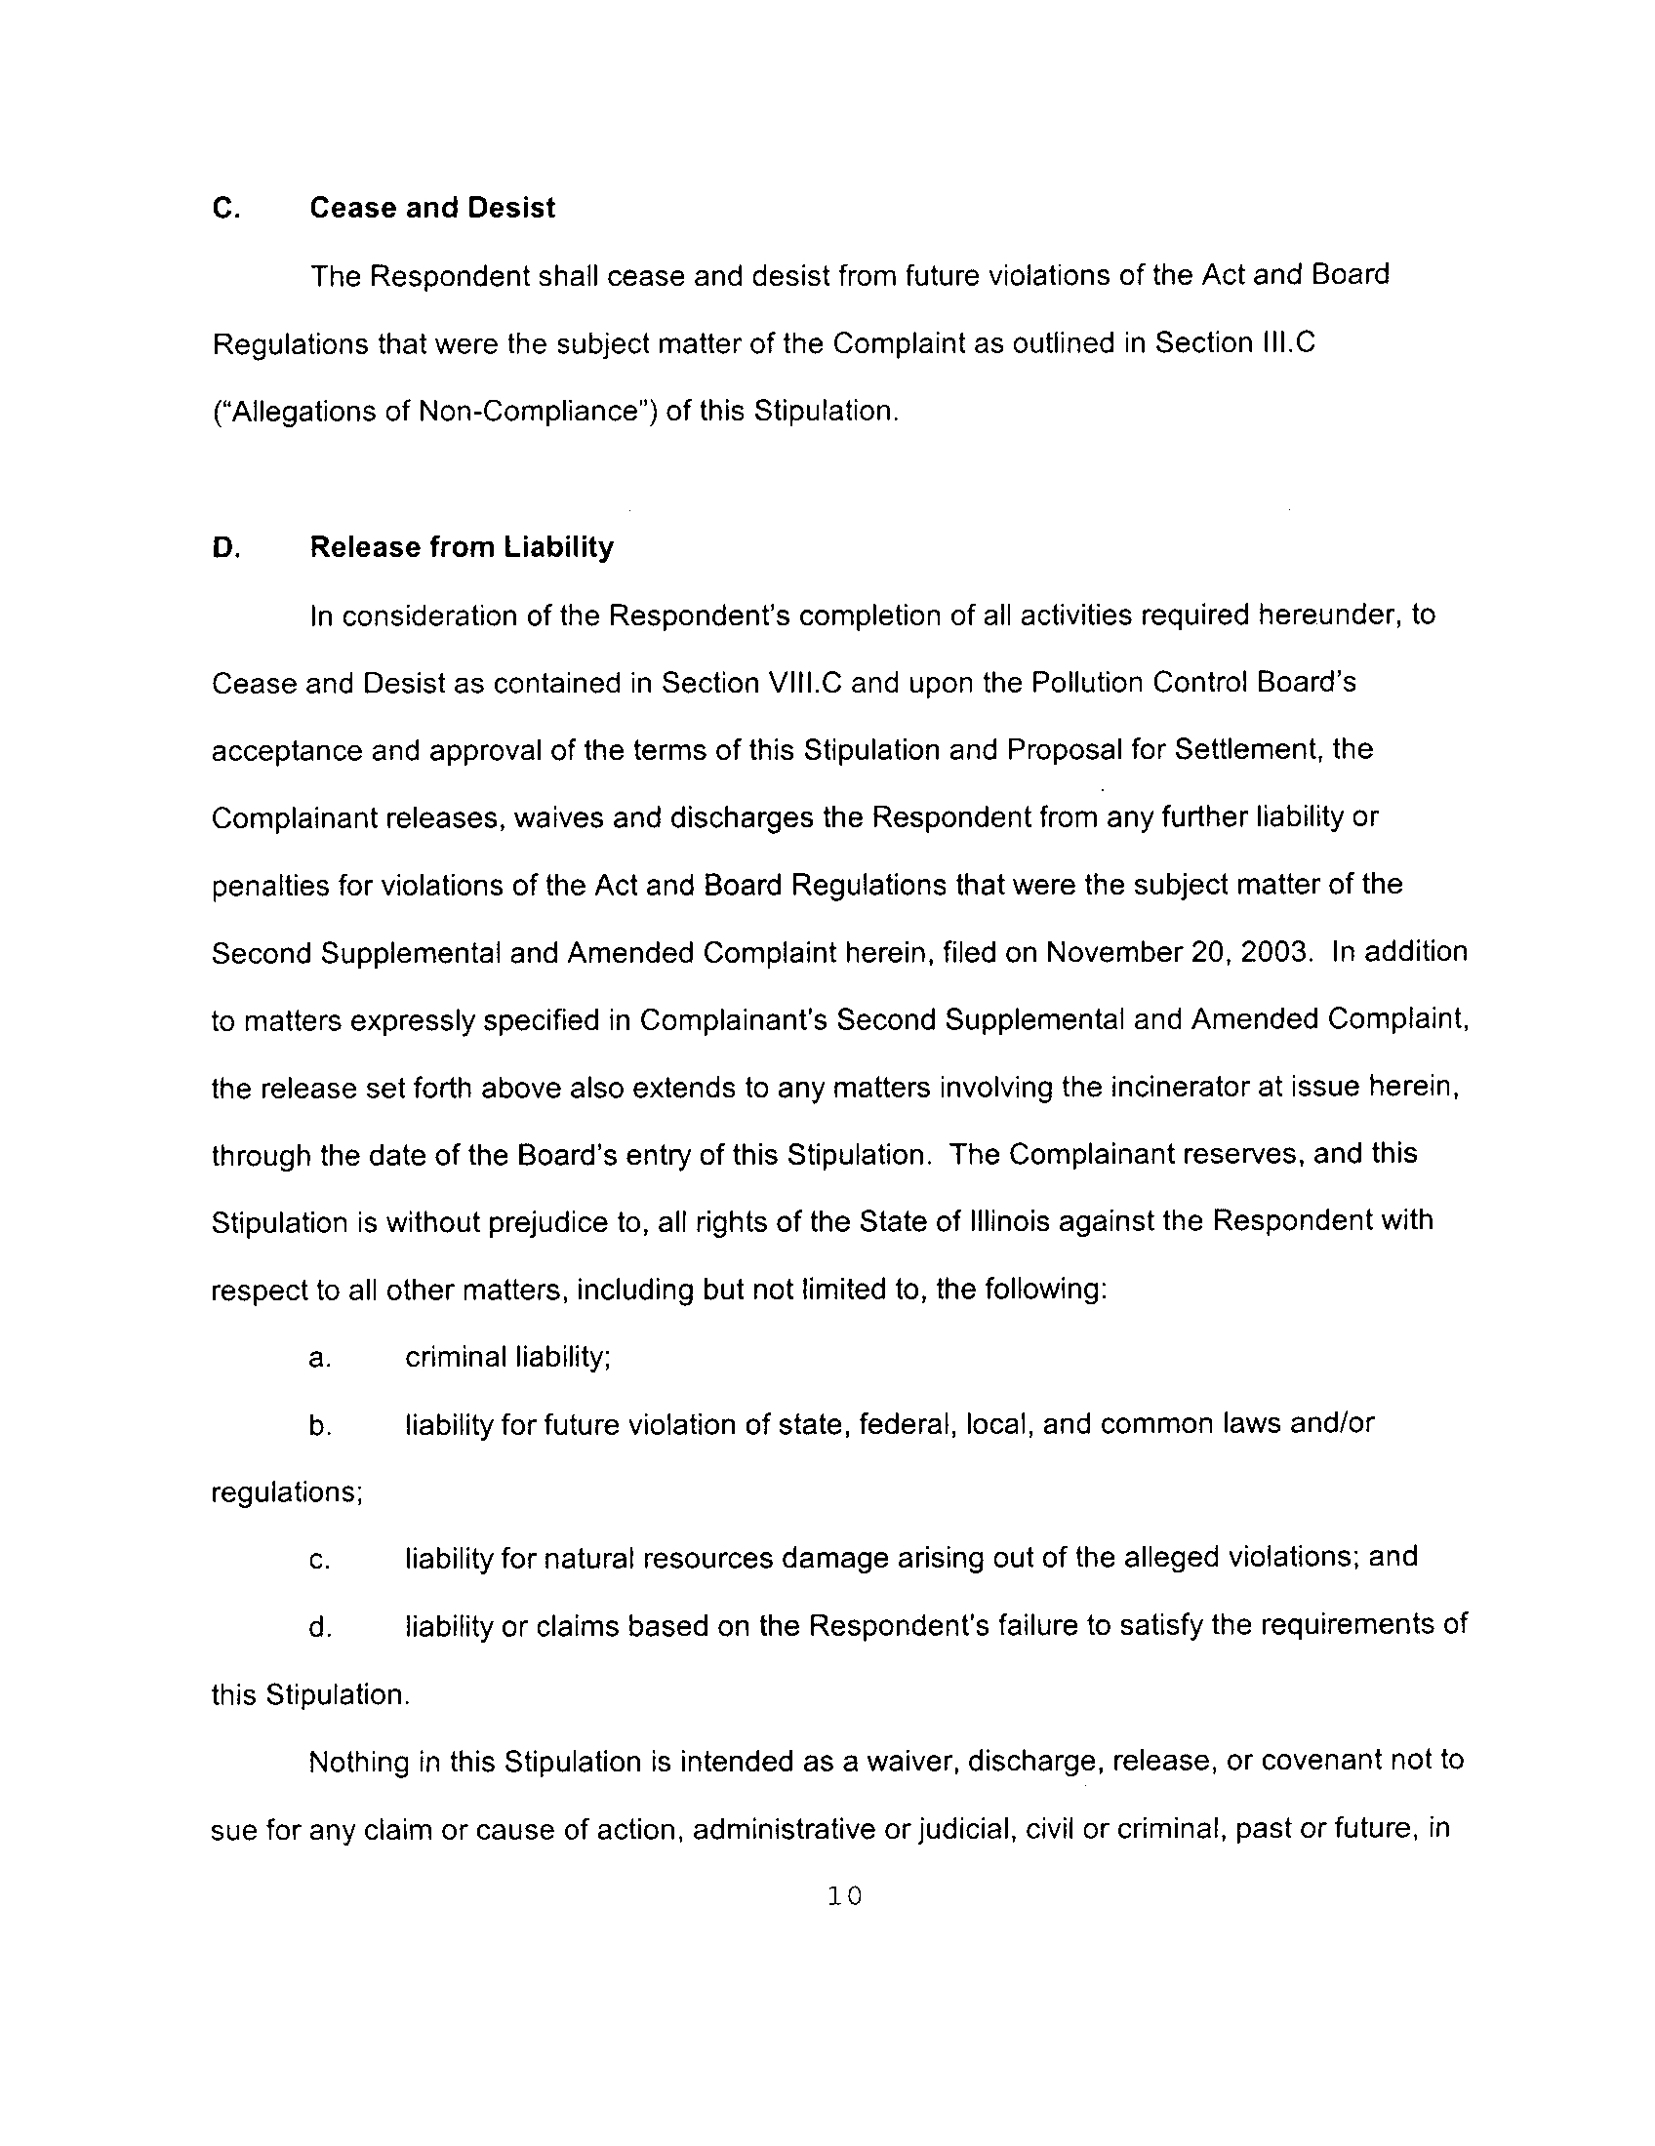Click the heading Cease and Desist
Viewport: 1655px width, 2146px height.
coord(432,209)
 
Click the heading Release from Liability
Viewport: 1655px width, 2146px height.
coord(461,547)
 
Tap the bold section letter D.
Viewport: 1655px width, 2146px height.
coord(225,548)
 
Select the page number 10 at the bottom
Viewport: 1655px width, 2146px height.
coord(844,1895)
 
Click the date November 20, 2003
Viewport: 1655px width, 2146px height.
coord(1178,952)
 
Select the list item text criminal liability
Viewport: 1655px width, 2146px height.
coord(507,1357)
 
